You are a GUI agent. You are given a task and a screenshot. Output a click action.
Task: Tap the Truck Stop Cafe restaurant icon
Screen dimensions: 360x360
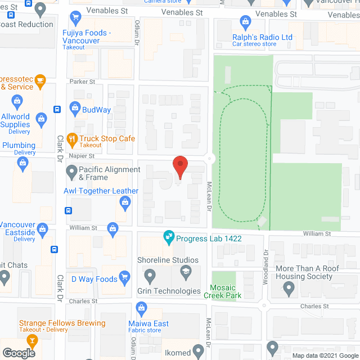(72, 138)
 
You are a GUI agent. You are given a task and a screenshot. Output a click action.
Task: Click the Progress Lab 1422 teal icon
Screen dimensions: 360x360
(168, 238)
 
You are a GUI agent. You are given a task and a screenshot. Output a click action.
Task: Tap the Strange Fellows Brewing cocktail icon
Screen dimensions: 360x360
(32, 340)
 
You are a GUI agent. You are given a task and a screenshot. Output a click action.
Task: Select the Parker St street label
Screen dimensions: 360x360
(82, 82)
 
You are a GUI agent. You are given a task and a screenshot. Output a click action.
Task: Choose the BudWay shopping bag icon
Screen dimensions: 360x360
(74, 107)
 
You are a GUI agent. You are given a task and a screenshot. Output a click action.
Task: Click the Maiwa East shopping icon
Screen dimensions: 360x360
(141, 307)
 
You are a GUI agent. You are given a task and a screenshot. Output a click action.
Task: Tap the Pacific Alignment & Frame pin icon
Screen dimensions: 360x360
(71, 170)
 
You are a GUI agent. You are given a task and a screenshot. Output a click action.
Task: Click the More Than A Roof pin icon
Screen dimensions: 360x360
(289, 290)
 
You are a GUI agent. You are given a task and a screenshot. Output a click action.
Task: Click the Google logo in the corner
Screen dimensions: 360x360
(18, 353)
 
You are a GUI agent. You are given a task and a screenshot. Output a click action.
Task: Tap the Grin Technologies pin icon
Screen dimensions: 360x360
(149, 276)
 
